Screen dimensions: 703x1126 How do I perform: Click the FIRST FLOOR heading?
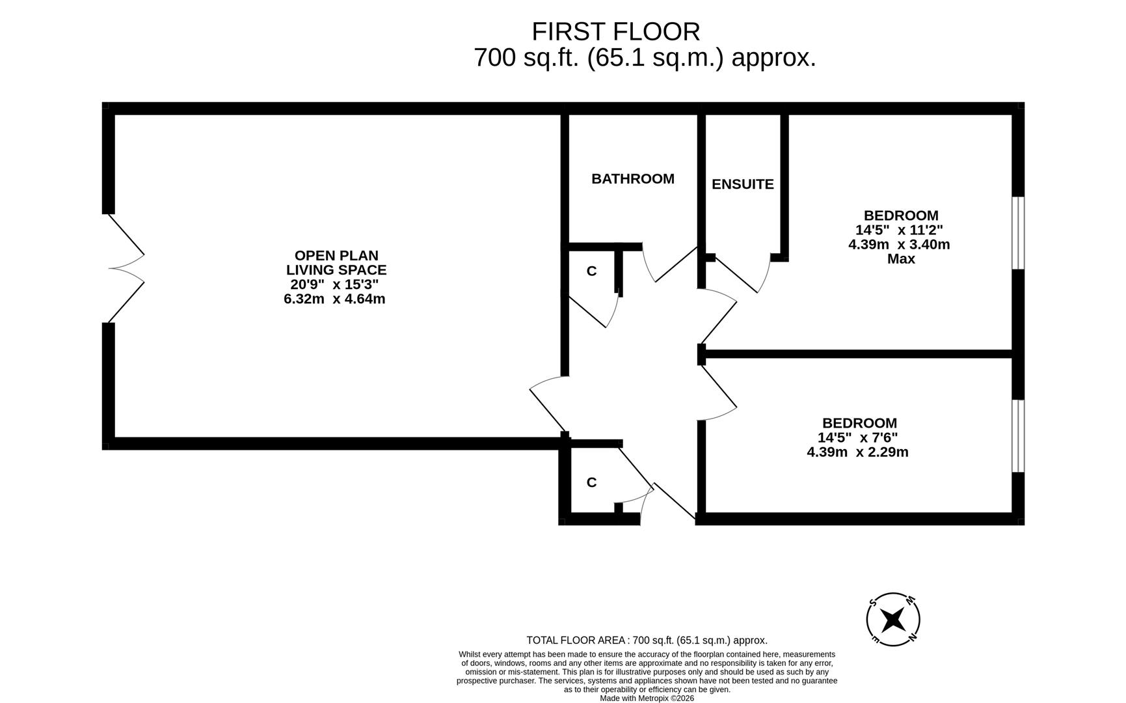tap(615, 32)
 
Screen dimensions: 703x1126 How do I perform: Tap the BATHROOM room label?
tap(632, 179)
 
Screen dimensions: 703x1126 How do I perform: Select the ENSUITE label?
tap(742, 184)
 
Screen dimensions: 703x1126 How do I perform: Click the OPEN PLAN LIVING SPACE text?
tap(336, 262)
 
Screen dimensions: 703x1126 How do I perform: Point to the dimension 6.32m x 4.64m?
tap(334, 299)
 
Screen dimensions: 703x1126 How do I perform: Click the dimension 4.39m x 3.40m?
tap(899, 245)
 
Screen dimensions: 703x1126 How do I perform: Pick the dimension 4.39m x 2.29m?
tap(857, 452)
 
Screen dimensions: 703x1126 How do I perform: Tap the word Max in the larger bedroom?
tap(901, 259)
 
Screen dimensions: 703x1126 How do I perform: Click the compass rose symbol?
tap(893, 619)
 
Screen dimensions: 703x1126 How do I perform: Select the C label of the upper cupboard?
tap(591, 271)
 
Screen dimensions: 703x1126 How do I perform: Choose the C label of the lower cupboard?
tap(591, 482)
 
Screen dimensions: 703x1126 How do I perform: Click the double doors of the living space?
tap(126, 268)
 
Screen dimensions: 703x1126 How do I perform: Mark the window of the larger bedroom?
tap(1018, 233)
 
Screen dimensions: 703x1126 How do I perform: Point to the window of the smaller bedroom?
tap(1018, 435)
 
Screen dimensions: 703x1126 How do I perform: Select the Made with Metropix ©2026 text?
tap(647, 698)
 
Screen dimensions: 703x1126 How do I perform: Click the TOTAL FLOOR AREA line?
tap(647, 641)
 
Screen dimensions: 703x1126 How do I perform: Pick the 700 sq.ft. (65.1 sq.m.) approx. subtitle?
tap(644, 58)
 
